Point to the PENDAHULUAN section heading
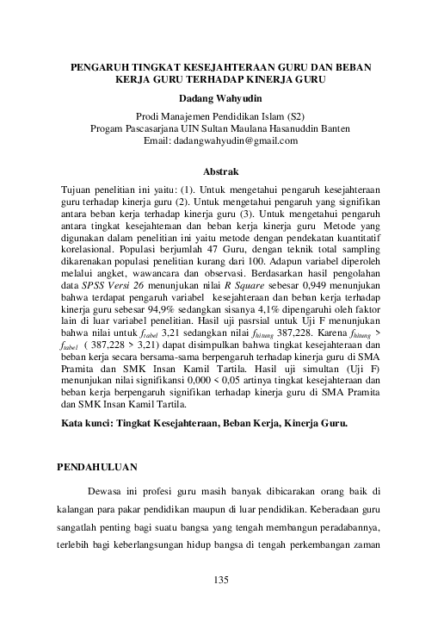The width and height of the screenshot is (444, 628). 97,467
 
